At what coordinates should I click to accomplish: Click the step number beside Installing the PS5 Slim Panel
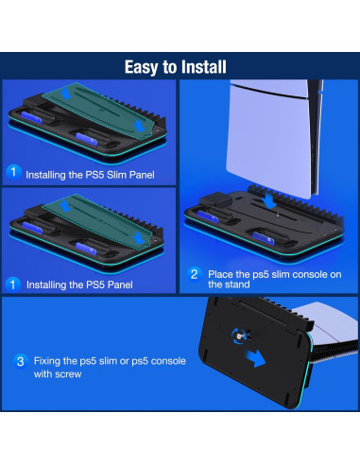point(13,172)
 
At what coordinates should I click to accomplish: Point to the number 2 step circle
point(193,274)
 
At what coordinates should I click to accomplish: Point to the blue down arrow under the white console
point(269,199)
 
